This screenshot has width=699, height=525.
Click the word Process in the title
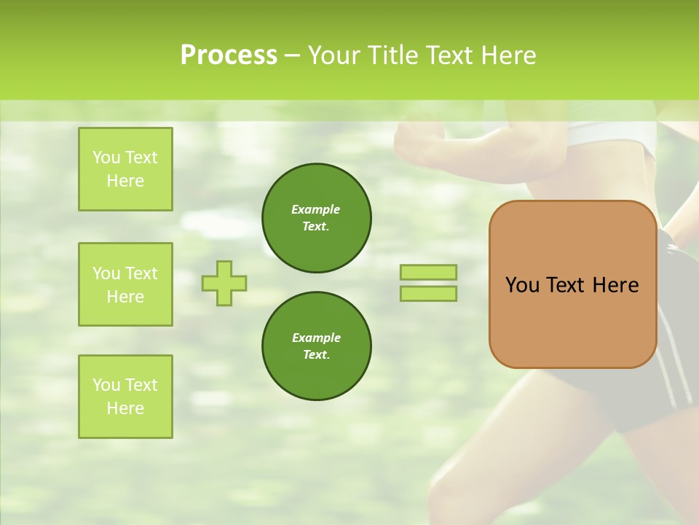pyautogui.click(x=229, y=55)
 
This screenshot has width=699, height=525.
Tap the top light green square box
pyautogui.click(x=125, y=169)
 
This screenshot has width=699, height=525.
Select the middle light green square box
pyautogui.click(x=125, y=284)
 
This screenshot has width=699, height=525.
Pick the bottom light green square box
pyautogui.click(x=125, y=397)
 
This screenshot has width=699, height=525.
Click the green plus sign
pyautogui.click(x=224, y=283)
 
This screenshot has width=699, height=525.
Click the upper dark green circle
pyautogui.click(x=317, y=218)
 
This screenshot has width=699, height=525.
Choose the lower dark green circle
pyautogui.click(x=317, y=346)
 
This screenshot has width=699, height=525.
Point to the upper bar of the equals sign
pyautogui.click(x=429, y=272)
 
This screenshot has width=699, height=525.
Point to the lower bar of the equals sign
pyautogui.click(x=429, y=294)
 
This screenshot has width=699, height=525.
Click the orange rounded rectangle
pyautogui.click(x=572, y=321)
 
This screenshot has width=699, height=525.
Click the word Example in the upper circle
pyautogui.click(x=316, y=209)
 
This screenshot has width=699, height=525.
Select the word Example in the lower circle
pyautogui.click(x=316, y=338)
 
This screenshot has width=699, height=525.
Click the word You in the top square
pyautogui.click(x=106, y=157)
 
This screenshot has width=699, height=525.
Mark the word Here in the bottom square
pyautogui.click(x=125, y=408)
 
